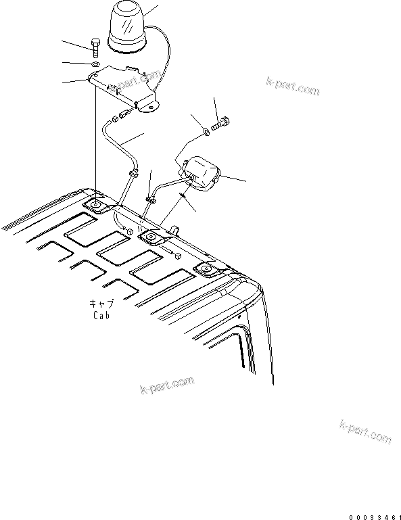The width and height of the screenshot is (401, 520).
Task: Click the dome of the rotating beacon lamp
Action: coord(125,26)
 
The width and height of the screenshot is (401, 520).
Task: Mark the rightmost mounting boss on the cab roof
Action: coord(206,270)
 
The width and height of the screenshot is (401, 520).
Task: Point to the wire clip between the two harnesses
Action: coord(149,198)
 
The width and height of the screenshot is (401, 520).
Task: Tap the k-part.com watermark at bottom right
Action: coord(366,431)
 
